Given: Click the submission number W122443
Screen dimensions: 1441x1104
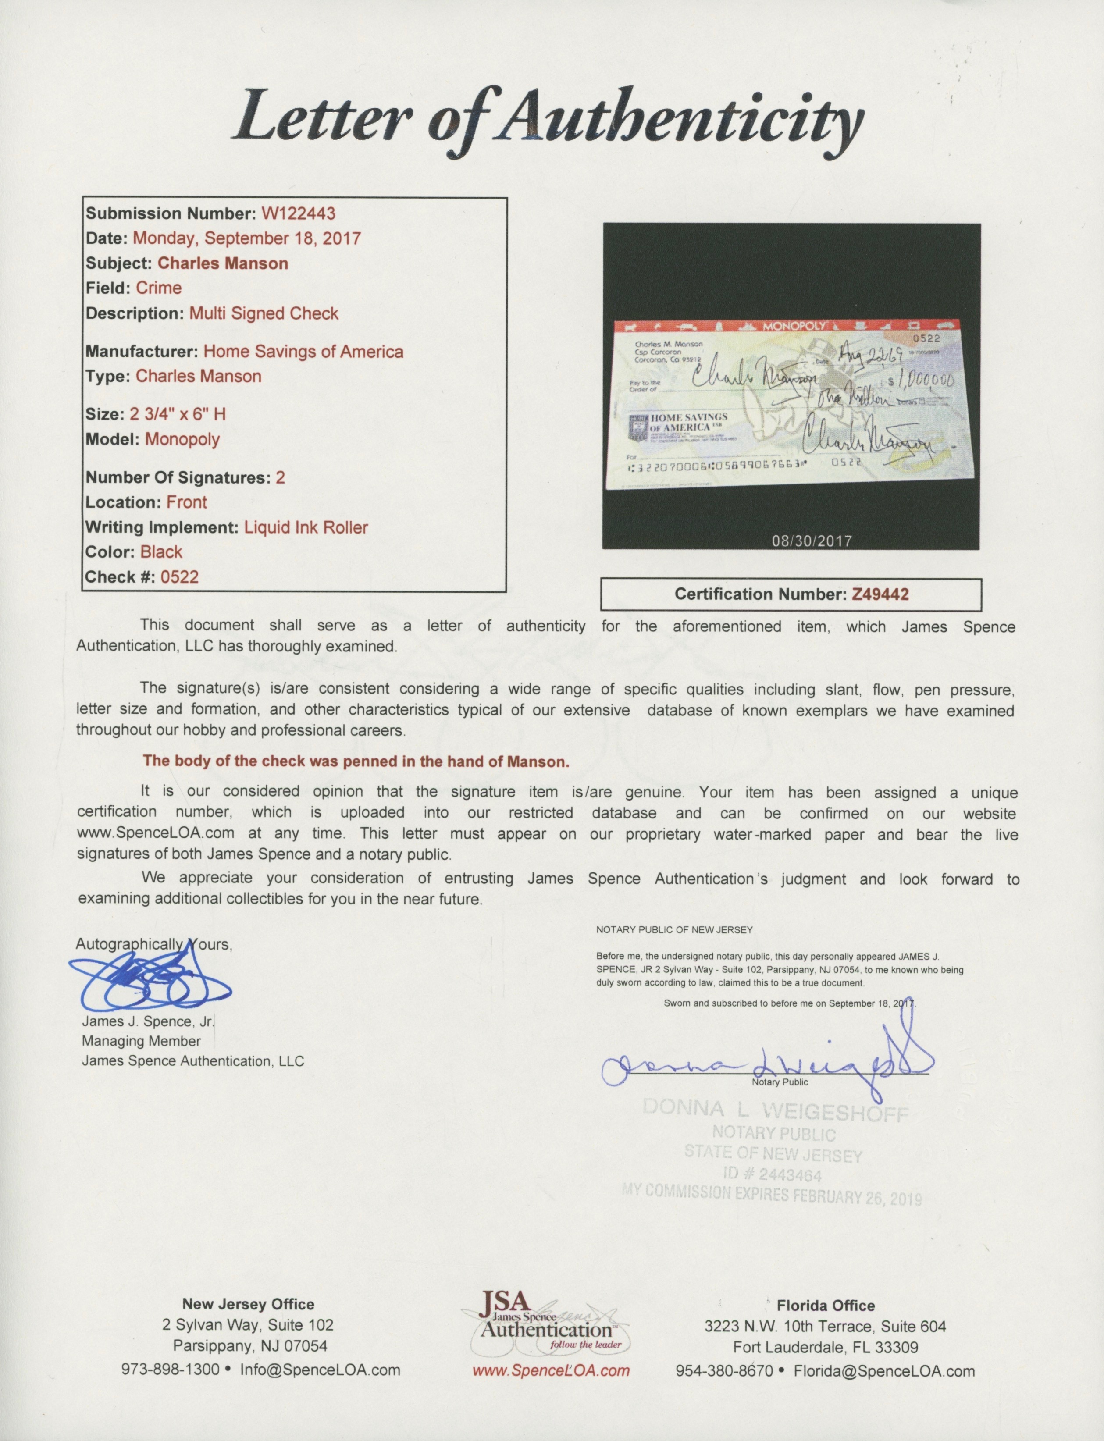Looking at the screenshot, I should [299, 213].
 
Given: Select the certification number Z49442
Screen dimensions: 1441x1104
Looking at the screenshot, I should [880, 594].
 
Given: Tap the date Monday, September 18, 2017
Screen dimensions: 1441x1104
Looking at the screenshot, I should [247, 238].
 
